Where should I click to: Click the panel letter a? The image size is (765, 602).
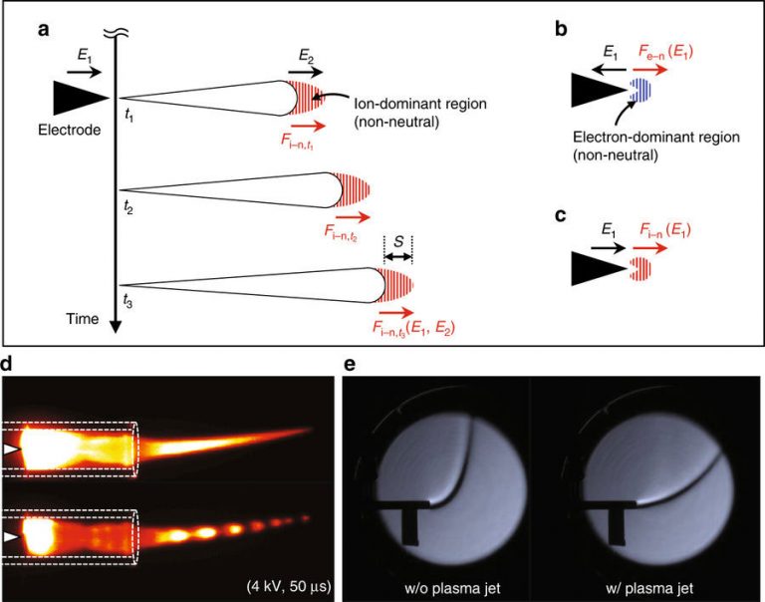click(43, 29)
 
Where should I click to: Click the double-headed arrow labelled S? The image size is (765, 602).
click(397, 257)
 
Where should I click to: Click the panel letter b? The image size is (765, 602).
click(561, 29)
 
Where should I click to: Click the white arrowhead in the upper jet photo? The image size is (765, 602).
click(11, 451)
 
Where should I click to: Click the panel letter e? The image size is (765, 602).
click(349, 366)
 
